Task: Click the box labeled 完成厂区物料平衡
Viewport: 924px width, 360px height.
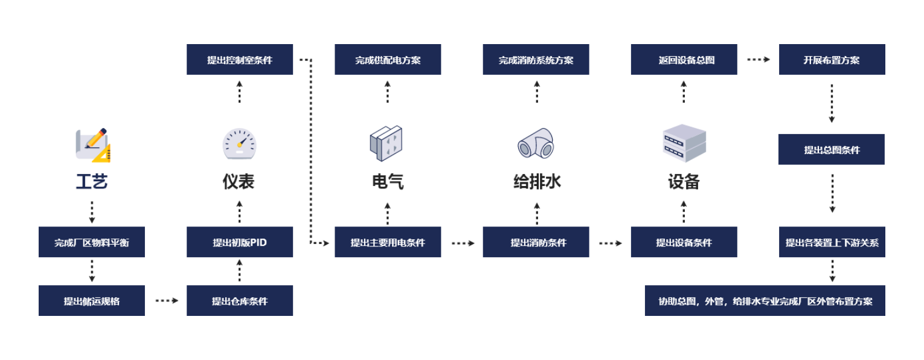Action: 92,242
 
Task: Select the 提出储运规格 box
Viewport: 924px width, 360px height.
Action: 92,301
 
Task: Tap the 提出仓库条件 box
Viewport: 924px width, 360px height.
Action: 240,301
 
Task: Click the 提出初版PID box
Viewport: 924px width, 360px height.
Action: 240,242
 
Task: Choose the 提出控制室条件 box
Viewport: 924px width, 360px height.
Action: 240,60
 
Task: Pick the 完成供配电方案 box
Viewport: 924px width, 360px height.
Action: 388,60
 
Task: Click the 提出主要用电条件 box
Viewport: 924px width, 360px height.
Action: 388,242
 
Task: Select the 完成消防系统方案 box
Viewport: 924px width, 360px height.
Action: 536,60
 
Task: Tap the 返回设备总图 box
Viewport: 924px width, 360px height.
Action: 684,60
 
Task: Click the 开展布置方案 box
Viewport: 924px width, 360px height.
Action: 832,60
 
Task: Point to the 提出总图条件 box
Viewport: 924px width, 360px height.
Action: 832,150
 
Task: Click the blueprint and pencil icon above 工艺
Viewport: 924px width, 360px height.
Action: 92,145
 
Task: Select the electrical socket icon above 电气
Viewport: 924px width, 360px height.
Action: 387,144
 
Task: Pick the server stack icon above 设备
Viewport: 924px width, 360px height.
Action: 684,144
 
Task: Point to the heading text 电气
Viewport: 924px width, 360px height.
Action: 388,181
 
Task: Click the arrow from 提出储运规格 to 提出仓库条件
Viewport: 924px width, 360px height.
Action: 166,300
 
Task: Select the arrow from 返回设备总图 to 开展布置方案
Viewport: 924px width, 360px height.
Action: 758,60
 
